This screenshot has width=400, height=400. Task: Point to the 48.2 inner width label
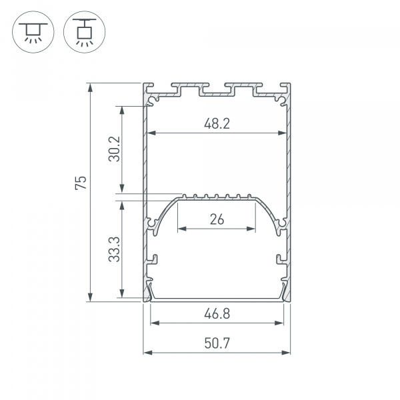coord(217,123)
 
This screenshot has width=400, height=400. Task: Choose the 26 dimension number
coord(217,219)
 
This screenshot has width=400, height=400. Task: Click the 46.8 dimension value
coord(217,311)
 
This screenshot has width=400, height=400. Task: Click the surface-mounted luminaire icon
coord(31,32)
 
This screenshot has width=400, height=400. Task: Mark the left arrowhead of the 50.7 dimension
coord(147,353)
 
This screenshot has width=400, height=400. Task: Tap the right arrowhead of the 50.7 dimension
coord(287,353)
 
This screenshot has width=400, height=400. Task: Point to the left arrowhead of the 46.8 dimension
coord(154,323)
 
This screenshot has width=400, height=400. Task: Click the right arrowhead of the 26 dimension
coord(253,229)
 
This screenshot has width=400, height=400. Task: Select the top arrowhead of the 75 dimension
coord(90,85)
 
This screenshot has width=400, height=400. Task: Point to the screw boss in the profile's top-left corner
coord(155,101)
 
